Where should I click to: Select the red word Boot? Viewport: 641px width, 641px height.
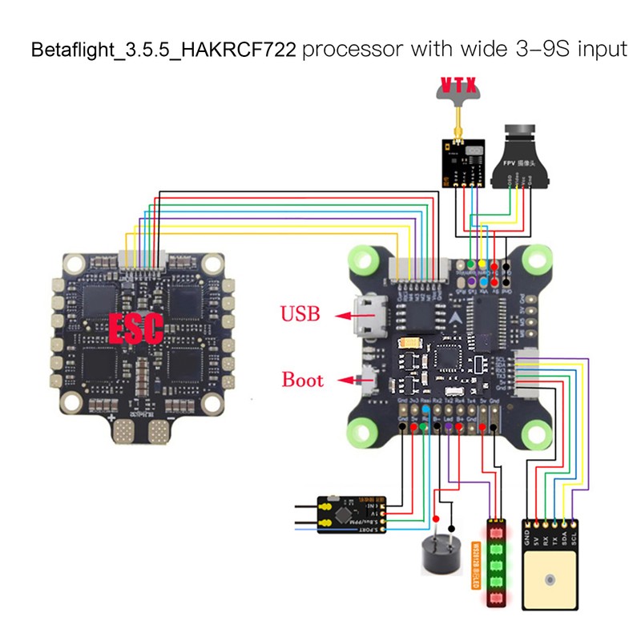click(301, 380)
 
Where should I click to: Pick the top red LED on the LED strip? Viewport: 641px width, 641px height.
click(495, 532)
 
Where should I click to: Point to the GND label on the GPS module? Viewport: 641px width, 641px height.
click(528, 535)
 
